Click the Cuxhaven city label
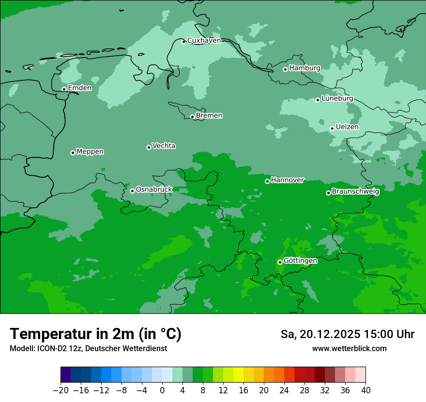[204, 41]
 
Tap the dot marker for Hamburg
[285, 69]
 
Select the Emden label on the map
[79, 88]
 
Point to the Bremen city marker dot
[192, 117]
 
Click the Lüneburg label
[337, 98]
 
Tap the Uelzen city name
[347, 127]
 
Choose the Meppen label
[90, 152]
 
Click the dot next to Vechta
[149, 147]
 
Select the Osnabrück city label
[154, 189]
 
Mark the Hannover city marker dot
[267, 181]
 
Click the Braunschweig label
[355, 191]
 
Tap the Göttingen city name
[300, 261]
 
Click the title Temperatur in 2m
[95, 334]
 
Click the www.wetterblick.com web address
[349, 349]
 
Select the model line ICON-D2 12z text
[88, 349]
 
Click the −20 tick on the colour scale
[61, 390]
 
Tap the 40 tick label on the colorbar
[365, 390]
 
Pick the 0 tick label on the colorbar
[162, 390]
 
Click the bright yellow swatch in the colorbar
[238, 375]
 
